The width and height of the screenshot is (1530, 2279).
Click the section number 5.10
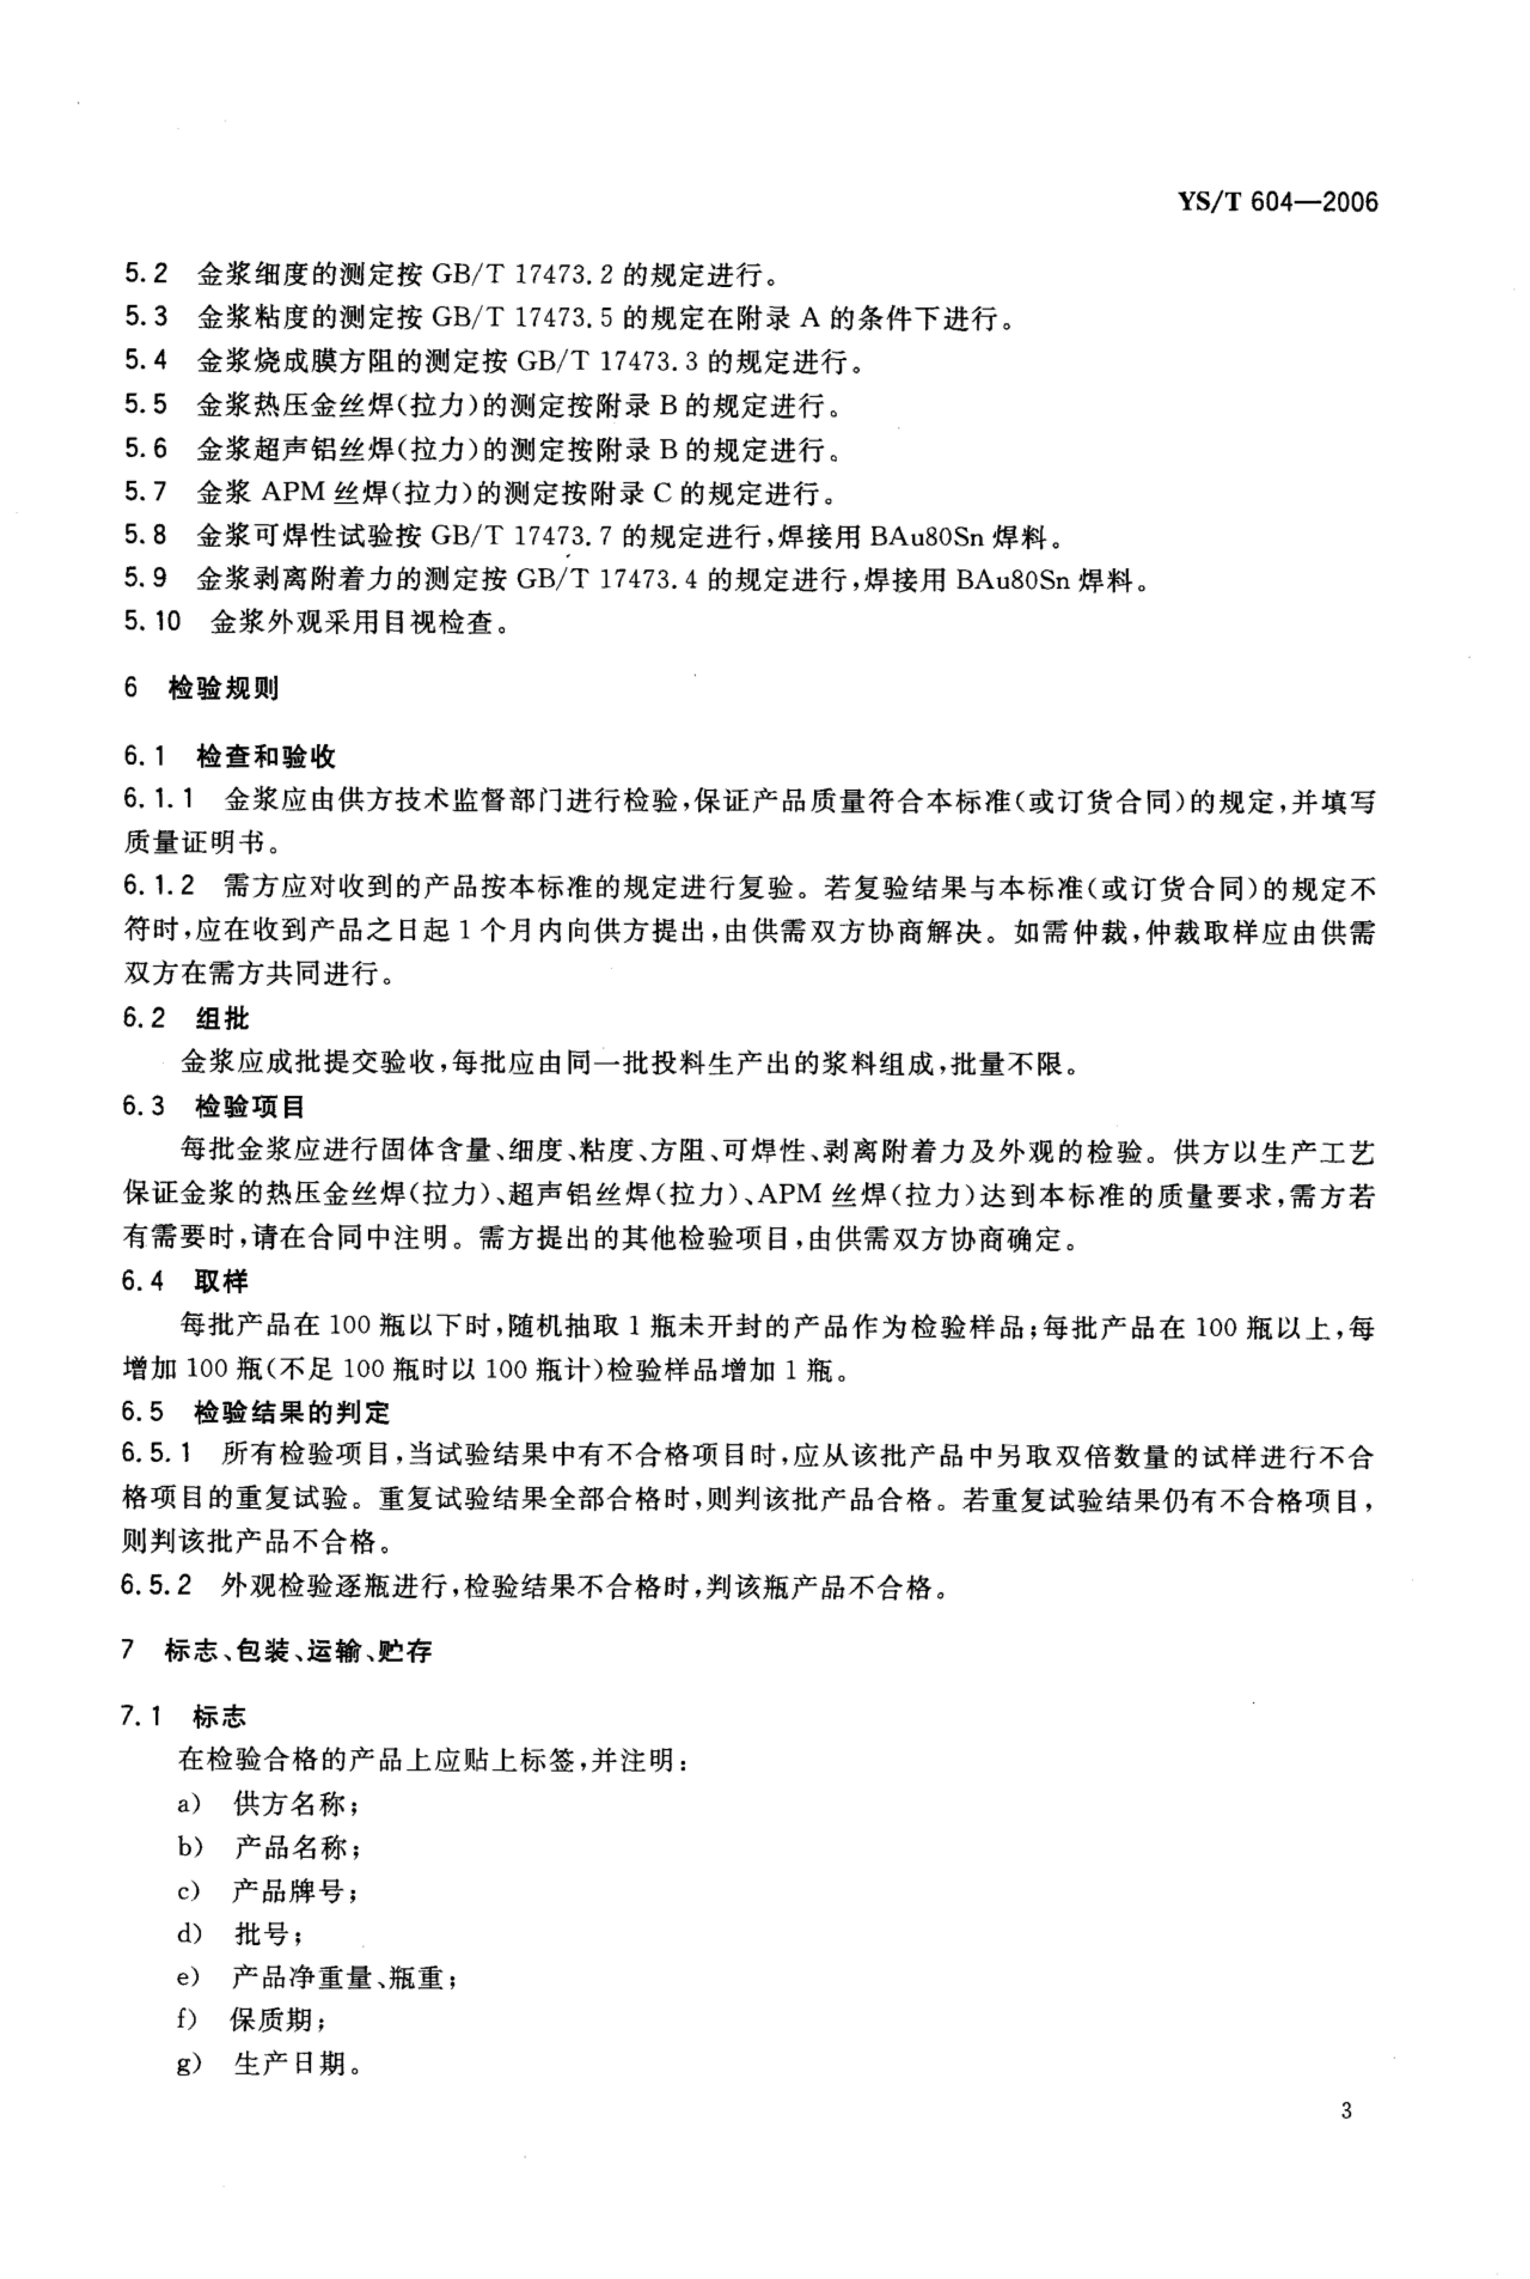152,622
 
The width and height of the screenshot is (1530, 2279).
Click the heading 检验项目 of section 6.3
251,1106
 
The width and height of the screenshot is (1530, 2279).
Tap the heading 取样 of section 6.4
222,1281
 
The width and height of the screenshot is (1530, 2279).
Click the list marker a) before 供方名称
188,1804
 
